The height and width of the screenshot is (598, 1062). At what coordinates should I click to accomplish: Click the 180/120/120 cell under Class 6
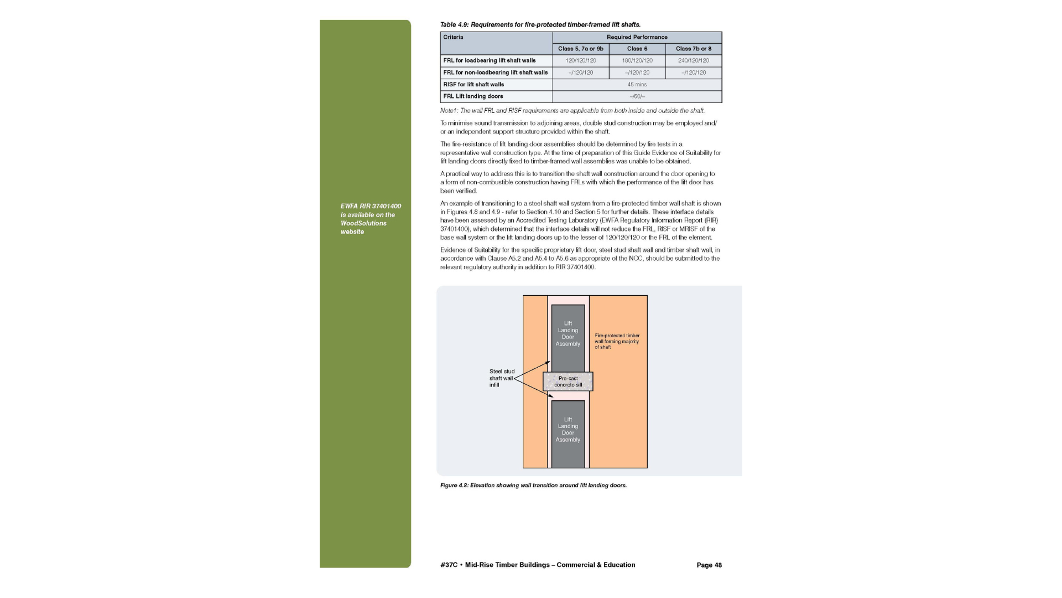click(x=637, y=60)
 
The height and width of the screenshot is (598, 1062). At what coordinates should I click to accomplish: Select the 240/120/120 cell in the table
click(x=693, y=60)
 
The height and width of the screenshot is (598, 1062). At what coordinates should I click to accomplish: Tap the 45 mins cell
click(x=637, y=85)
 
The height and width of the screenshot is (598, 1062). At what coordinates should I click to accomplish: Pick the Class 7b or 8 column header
click(x=693, y=49)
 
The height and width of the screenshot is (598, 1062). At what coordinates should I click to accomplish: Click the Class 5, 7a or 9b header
click(x=580, y=49)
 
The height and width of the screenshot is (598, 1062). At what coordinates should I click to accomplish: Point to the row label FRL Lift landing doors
click(x=473, y=96)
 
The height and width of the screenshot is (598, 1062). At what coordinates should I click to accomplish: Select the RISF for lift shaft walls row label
click(x=473, y=85)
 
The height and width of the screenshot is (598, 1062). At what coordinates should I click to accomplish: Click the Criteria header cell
click(x=453, y=37)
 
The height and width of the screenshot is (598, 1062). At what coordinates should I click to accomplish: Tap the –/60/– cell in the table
click(x=637, y=96)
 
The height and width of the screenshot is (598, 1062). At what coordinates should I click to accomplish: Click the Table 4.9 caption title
click(x=540, y=24)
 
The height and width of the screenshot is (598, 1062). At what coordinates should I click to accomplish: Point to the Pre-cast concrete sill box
click(x=568, y=382)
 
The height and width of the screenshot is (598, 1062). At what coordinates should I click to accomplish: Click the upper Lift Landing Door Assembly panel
click(x=568, y=333)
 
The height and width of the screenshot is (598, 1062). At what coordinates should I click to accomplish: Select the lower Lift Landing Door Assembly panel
click(x=568, y=430)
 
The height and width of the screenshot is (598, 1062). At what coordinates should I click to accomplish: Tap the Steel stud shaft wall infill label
click(x=502, y=378)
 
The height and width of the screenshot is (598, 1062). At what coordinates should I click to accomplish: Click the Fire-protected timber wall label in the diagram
click(x=617, y=341)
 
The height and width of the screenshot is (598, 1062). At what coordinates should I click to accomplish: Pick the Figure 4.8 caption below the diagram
click(x=533, y=486)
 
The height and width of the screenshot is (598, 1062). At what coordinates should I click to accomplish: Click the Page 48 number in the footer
click(x=709, y=565)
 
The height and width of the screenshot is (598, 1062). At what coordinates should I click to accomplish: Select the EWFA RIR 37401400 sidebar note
click(x=371, y=219)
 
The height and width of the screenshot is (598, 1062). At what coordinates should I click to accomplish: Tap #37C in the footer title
click(x=449, y=565)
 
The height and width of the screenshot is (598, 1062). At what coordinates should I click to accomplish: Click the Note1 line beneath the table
click(x=572, y=111)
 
